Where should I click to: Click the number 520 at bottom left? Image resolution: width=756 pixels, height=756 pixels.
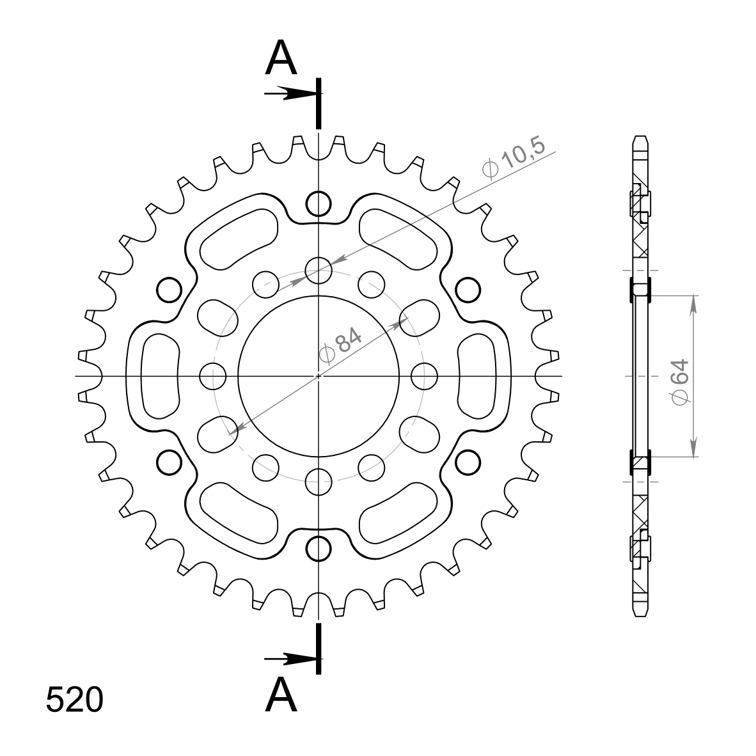[75, 700]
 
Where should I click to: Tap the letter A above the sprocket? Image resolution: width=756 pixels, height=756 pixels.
[281, 58]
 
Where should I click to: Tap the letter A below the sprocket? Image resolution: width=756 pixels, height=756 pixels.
[281, 695]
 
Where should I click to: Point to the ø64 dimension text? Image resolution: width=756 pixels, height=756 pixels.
[681, 382]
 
